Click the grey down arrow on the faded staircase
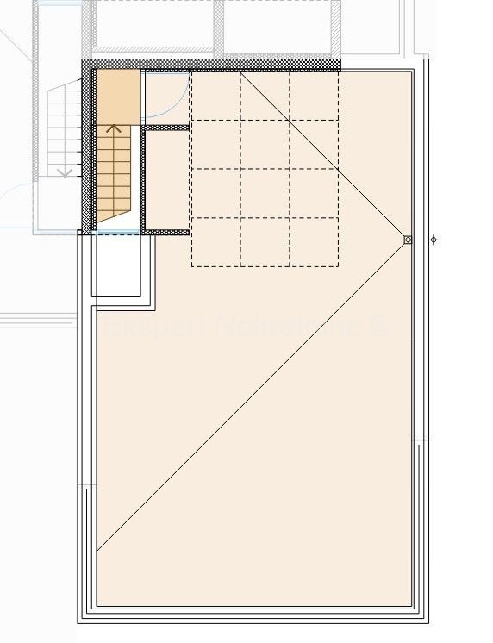tap(64, 173)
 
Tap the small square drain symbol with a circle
tap(408, 240)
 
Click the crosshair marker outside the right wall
tap(434, 240)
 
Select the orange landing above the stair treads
tap(117, 96)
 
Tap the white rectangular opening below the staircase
tap(116, 265)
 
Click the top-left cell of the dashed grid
tap(215, 96)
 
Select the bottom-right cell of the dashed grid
tap(314, 242)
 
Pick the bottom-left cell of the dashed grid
tap(215, 242)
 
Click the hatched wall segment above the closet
tap(165, 128)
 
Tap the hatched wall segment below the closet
tap(165, 232)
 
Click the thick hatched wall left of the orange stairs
tap(87, 151)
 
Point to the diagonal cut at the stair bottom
tap(112, 215)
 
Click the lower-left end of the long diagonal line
tap(97, 550)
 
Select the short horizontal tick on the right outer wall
tap(420, 440)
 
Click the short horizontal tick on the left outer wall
tap(87, 485)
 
